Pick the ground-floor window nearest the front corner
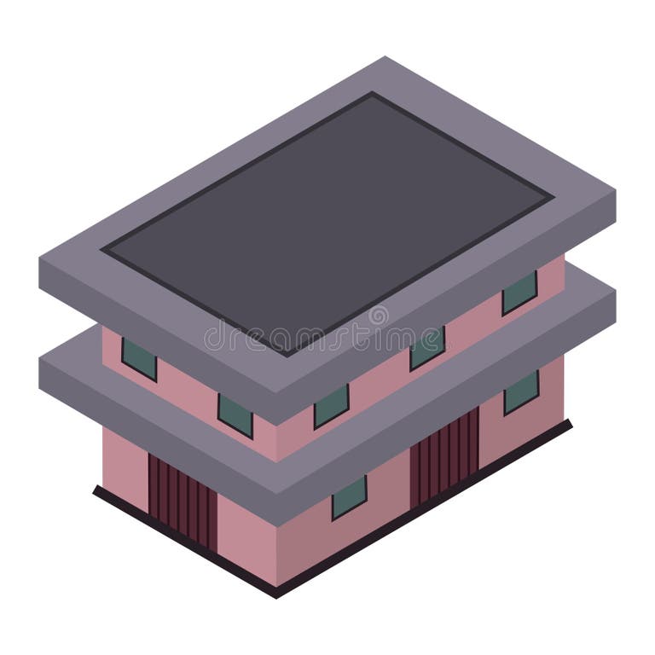pos(349,497)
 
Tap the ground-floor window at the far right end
pos(520,391)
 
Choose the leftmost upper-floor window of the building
pos(139,358)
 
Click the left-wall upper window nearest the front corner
pos(235,415)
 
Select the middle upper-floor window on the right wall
pos(427,348)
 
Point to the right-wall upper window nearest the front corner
pos(331,406)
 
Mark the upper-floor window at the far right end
pos(519,293)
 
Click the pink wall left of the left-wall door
pos(124,461)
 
